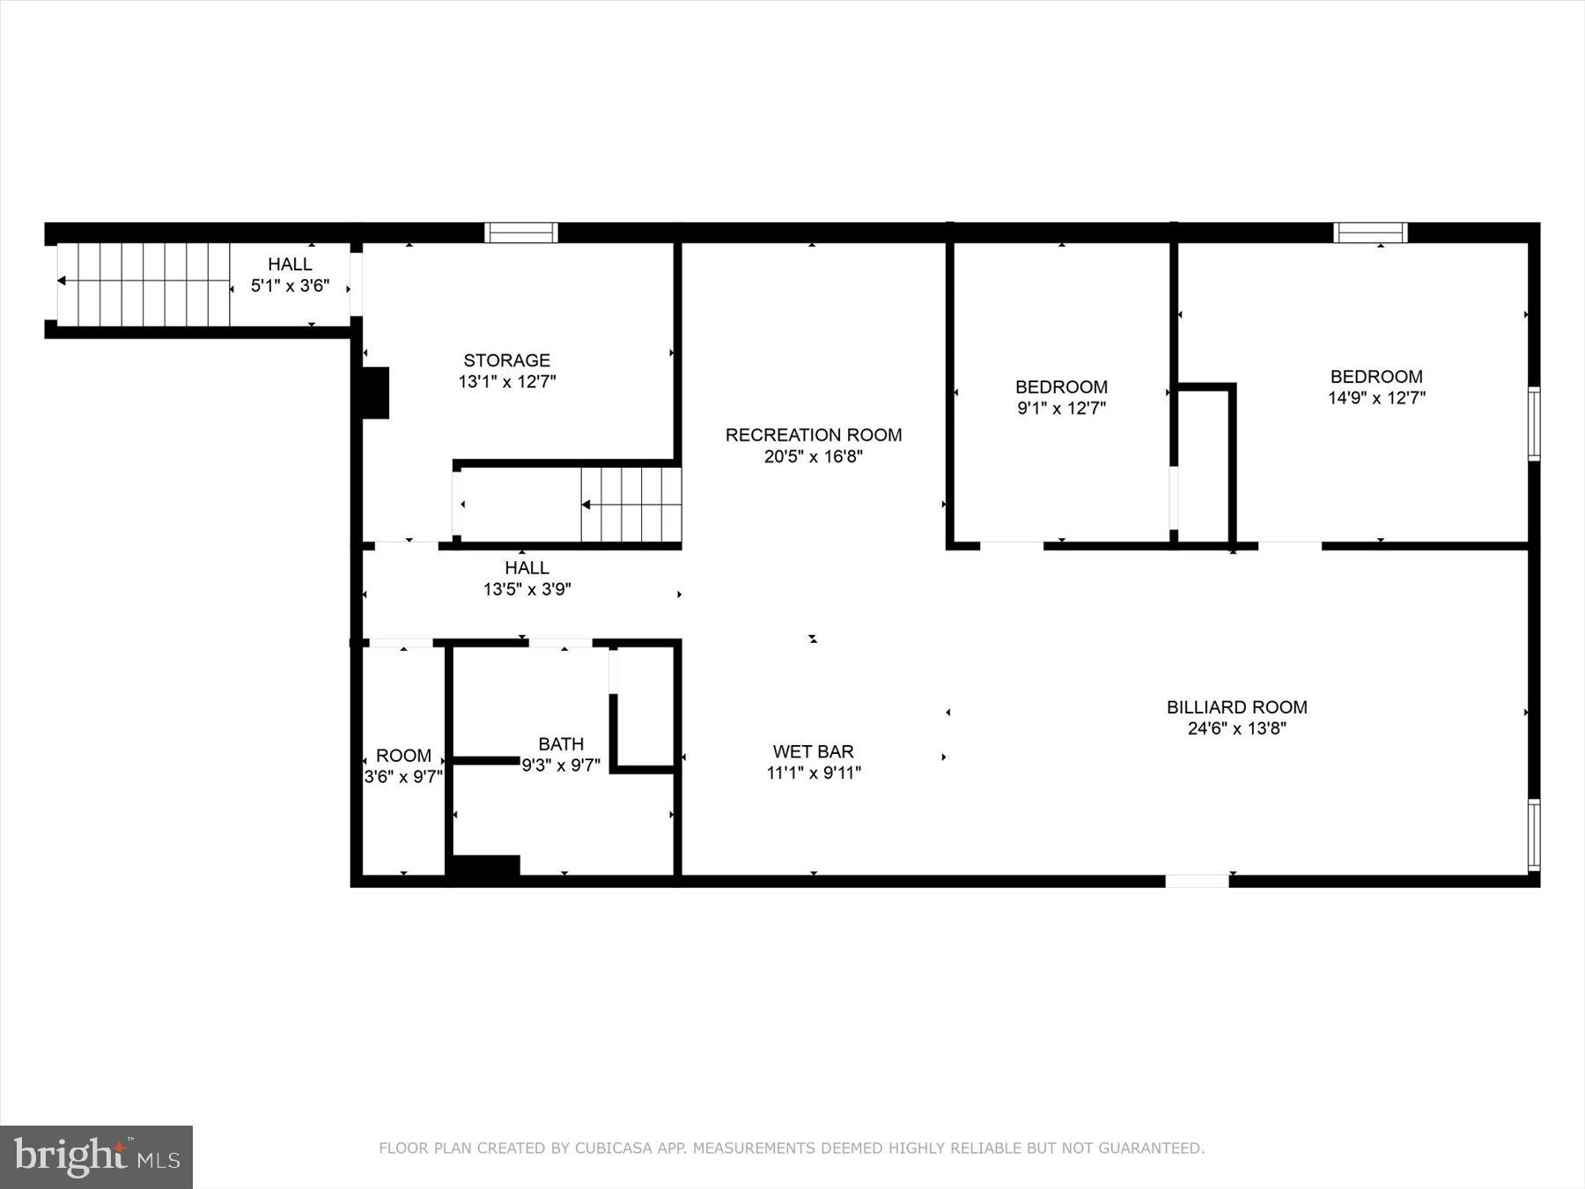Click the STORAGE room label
pyautogui.click(x=506, y=360)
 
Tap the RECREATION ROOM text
pyautogui.click(x=813, y=435)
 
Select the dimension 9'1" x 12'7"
pyautogui.click(x=1061, y=408)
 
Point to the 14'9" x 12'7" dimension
pyautogui.click(x=1376, y=397)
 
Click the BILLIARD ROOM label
pyautogui.click(x=1236, y=707)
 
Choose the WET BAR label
pyautogui.click(x=813, y=751)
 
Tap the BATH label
pyautogui.click(x=561, y=744)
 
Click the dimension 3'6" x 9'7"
pyautogui.click(x=403, y=777)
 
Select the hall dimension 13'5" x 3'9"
pyautogui.click(x=527, y=589)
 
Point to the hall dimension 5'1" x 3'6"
pyautogui.click(x=290, y=285)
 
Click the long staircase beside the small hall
pyautogui.click(x=144, y=284)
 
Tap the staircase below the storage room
pyautogui.click(x=630, y=505)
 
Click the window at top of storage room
pyautogui.click(x=521, y=233)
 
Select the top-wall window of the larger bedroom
pyautogui.click(x=1370, y=233)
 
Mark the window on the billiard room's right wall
pyautogui.click(x=1533, y=834)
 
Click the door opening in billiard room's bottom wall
pyautogui.click(x=1197, y=881)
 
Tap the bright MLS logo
pyautogui.click(x=96, y=1156)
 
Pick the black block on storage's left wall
pyautogui.click(x=375, y=393)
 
